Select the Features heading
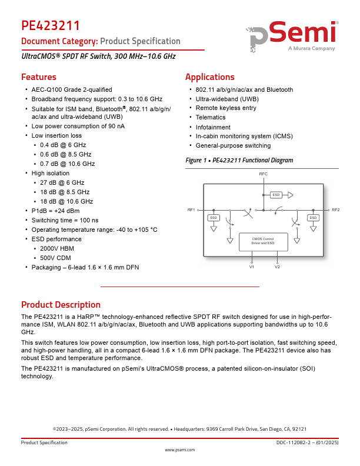(x=39, y=77)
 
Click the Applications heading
(x=209, y=77)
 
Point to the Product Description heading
(x=61, y=305)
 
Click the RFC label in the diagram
(x=263, y=175)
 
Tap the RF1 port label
(x=191, y=210)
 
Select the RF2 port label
(x=335, y=210)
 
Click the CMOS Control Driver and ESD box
(x=263, y=241)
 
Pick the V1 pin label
(x=252, y=267)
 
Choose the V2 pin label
(x=277, y=267)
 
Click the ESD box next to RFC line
(x=276, y=195)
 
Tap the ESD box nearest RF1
(x=214, y=218)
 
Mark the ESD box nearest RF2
(x=313, y=218)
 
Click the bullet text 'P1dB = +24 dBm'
(x=55, y=211)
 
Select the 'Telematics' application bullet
(x=211, y=118)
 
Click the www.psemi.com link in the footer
(x=179, y=450)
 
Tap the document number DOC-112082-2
(x=296, y=442)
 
